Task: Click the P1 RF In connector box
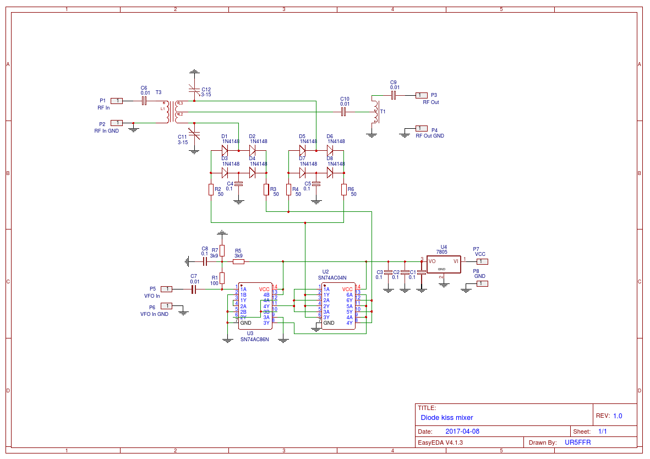pos(117,101)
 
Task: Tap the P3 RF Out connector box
pos(421,95)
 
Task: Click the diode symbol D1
pos(225,150)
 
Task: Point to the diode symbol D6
pos(330,150)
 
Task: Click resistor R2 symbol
pos(211,190)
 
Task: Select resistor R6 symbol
pos(343,190)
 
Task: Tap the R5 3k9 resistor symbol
pos(238,262)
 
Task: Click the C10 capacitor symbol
pos(343,112)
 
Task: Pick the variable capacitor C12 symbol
pos(194,90)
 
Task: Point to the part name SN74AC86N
pos(254,340)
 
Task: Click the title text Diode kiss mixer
pos(446,418)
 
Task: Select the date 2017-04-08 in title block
pos(462,431)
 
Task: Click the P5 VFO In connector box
pos(166,289)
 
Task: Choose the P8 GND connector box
pos(482,283)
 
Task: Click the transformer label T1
pos(383,112)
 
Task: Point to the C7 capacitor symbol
pos(194,289)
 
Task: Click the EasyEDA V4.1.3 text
pos(440,442)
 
